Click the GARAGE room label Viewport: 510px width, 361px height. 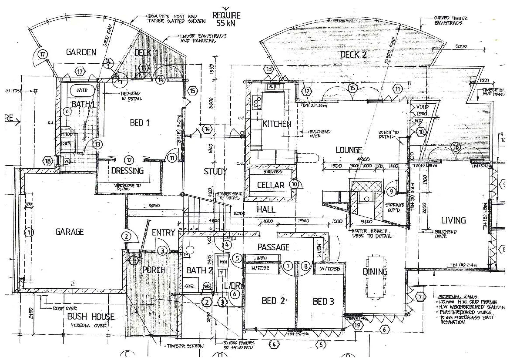click(x=69, y=232)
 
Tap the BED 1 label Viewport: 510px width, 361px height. click(x=139, y=123)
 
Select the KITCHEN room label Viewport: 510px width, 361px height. click(x=277, y=124)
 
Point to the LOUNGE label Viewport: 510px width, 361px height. click(x=348, y=150)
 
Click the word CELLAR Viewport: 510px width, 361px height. click(x=270, y=185)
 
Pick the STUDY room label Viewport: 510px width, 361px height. click(x=215, y=172)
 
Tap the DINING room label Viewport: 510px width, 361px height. click(x=375, y=271)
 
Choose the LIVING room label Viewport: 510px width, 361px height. click(x=453, y=220)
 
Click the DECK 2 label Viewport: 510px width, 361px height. click(x=353, y=55)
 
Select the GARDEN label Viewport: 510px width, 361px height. click(x=81, y=52)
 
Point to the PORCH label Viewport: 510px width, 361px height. click(x=154, y=269)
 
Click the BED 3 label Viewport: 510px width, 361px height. click(x=323, y=301)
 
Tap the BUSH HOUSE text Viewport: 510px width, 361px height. click(x=91, y=316)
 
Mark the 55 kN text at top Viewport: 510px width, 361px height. click(x=226, y=23)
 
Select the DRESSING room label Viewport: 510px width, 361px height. click(x=127, y=171)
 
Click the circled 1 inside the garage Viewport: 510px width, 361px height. click(x=29, y=232)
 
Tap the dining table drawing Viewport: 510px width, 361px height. click(x=376, y=277)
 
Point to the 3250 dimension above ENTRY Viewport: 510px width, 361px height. click(x=154, y=206)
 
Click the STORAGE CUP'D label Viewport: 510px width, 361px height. click(x=394, y=207)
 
